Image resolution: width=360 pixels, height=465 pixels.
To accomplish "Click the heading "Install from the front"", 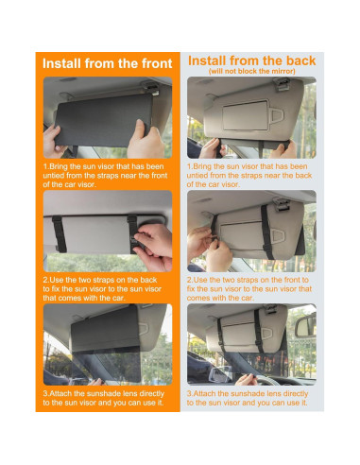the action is [108, 63].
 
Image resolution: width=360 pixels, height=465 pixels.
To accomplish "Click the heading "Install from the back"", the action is [251, 60].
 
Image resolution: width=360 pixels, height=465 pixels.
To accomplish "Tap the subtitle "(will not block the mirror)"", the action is [251, 71].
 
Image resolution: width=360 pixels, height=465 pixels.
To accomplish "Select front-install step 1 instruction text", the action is [105, 176].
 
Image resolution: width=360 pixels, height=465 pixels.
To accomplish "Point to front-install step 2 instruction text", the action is [102, 289].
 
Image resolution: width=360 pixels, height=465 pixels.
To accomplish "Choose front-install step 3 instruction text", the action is [104, 398].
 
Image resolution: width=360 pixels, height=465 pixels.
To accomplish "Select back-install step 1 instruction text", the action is [249, 176].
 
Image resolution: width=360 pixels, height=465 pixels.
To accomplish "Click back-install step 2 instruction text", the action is [249, 289].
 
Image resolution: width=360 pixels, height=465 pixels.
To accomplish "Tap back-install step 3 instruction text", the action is [248, 398].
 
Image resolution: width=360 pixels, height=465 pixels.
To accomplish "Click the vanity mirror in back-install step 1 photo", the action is [245, 115].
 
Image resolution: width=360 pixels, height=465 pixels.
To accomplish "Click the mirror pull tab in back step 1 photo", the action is [277, 115].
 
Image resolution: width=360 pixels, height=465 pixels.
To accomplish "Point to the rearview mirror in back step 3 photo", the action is [305, 325].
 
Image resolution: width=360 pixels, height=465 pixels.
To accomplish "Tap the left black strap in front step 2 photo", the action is [60, 234].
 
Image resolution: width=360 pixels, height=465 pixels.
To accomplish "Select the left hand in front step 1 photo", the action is [53, 141].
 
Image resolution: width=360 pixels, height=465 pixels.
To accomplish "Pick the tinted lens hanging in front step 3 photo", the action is [106, 366].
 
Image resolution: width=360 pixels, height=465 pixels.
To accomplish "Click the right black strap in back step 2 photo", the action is [266, 231].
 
